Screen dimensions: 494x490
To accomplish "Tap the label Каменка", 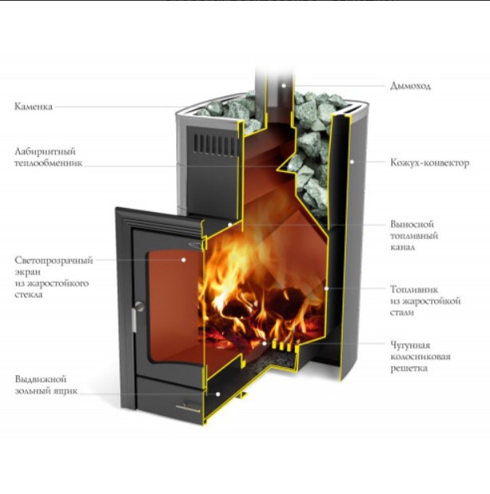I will coord(33,106).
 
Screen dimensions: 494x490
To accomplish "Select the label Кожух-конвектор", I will coord(429,163).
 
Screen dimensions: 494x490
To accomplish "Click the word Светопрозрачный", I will coord(53,261).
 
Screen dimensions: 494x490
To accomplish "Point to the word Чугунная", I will coord(410,346).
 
